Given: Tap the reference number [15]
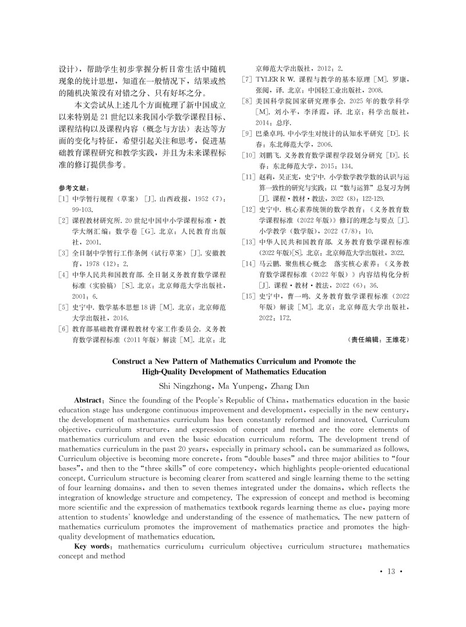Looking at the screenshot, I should pyautogui.click(x=248, y=296).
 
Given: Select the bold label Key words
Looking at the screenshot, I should pyautogui.click(x=95, y=547).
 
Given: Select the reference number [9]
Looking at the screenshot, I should pyautogui.click(x=246, y=134).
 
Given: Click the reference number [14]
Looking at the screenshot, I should pyautogui.click(x=248, y=264).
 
